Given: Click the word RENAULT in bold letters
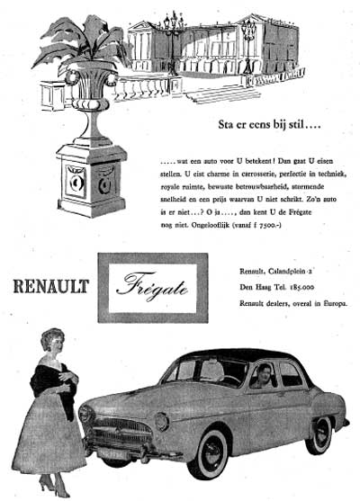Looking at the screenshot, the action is click(x=51, y=287).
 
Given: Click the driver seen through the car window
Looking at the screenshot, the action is click(x=262, y=377).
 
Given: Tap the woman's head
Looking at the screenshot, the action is click(x=52, y=346).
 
